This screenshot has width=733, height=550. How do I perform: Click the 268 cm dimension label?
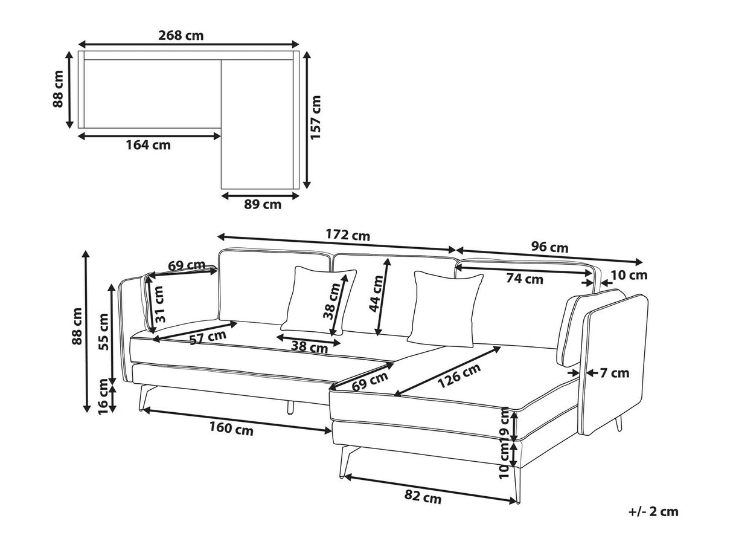[181, 35]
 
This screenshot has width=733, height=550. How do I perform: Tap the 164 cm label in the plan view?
[148, 145]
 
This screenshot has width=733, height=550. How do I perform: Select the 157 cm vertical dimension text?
[316, 118]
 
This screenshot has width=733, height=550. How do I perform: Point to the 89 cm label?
[263, 204]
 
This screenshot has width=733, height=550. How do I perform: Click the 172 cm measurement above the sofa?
[348, 235]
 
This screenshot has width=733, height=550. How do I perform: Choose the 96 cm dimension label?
[549, 247]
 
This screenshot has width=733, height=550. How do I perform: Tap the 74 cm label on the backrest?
[524, 279]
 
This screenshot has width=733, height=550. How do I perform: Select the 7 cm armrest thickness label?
[615, 373]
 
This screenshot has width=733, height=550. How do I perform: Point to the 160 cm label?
[231, 430]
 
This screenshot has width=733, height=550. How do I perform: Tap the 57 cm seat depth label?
[208, 338]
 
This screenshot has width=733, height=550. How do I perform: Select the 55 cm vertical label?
[104, 332]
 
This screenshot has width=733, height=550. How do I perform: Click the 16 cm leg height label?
[104, 396]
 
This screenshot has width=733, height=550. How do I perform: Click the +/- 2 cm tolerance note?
[653, 512]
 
